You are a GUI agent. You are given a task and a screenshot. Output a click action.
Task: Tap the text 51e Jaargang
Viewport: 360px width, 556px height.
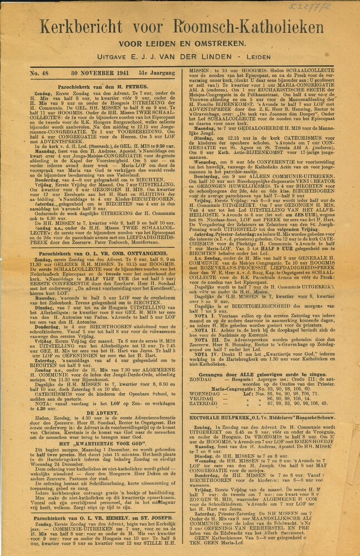pos(152,72)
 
